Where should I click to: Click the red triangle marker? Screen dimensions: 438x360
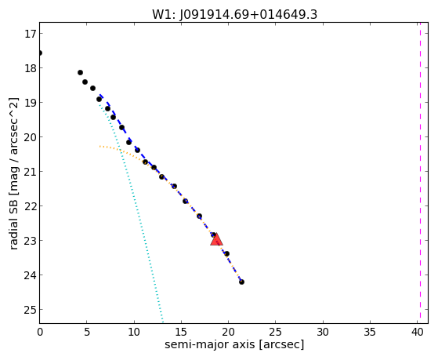pos(216,240)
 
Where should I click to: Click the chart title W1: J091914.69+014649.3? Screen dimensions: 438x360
pos(234,14)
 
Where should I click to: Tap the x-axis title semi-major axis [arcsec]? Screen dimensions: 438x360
pos(234,344)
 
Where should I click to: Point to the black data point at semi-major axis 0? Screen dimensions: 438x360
pos(40,53)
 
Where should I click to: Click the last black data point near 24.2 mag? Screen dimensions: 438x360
pos(241,282)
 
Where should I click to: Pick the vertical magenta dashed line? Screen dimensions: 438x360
pos(420,173)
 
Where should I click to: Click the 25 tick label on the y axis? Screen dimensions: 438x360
pos(31,309)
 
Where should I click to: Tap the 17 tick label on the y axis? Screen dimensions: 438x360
pos(31,34)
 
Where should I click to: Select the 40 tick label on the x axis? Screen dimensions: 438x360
pos(417,332)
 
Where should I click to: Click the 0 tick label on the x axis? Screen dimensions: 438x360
pos(40,332)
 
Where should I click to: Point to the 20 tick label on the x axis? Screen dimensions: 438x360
pos(228,332)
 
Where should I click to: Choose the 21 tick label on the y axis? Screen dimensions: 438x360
pos(31,172)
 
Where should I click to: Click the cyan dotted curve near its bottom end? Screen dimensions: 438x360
pos(162,319)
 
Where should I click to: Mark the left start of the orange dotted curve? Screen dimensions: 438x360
pos(100,147)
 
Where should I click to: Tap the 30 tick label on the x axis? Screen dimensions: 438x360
pos(323,332)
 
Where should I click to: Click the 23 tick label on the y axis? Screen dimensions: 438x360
pos(31,240)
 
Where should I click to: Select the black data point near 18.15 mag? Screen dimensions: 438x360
pos(80,72)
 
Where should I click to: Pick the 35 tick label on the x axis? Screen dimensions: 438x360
pos(370,332)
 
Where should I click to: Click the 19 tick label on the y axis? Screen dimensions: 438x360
pos(31,103)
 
